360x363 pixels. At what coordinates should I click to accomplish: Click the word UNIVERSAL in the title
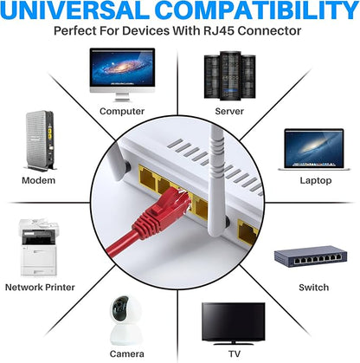76,10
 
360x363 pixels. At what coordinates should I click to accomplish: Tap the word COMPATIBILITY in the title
257,10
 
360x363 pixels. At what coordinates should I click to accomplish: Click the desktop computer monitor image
122,75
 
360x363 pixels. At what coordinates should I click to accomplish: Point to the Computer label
122,112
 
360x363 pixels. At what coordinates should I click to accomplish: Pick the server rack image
230,75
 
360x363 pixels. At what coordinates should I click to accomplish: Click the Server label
229,112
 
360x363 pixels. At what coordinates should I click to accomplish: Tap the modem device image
40,141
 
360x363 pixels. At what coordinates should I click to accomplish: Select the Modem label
39,180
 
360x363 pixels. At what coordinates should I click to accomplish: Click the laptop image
314,150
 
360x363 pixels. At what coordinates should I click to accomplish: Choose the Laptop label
316,181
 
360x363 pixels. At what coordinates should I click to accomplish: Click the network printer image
38,248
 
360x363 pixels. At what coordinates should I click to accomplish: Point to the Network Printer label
40,288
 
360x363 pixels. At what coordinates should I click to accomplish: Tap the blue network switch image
311,256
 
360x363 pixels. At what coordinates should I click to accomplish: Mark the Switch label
313,288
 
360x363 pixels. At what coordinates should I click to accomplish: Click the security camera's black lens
119,309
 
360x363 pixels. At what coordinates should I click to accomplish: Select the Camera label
126,354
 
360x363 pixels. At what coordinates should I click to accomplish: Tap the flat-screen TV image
233,323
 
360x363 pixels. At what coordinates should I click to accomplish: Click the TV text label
235,354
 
